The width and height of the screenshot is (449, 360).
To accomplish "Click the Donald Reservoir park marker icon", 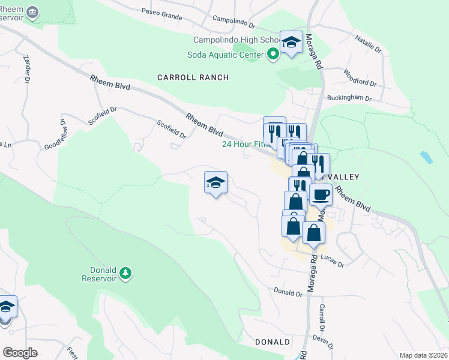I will [125, 274].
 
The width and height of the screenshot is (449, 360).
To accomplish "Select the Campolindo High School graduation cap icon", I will [291, 42].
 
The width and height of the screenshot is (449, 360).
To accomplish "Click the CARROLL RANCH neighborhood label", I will [185, 77].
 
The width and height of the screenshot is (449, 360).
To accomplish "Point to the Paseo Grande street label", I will [161, 14].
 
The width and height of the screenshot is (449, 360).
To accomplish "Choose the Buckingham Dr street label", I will [349, 98].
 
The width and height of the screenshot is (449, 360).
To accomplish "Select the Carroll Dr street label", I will [322, 317].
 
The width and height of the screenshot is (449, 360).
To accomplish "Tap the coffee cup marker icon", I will [320, 194].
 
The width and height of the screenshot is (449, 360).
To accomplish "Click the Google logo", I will [20, 352].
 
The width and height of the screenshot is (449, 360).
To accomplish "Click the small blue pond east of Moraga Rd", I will [426, 158].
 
